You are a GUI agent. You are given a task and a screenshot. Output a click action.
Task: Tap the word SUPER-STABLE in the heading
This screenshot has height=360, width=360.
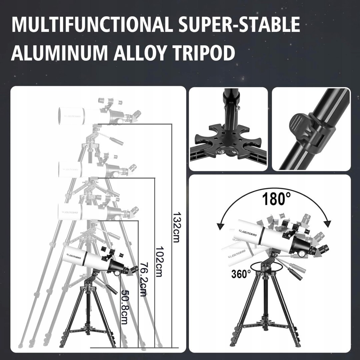click(239, 24)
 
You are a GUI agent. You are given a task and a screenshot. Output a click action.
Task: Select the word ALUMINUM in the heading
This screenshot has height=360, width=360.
click(59, 53)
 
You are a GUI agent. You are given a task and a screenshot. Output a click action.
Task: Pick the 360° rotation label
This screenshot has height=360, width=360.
click(241, 274)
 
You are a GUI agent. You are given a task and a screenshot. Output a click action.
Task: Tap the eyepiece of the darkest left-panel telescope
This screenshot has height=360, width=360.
click(135, 268)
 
